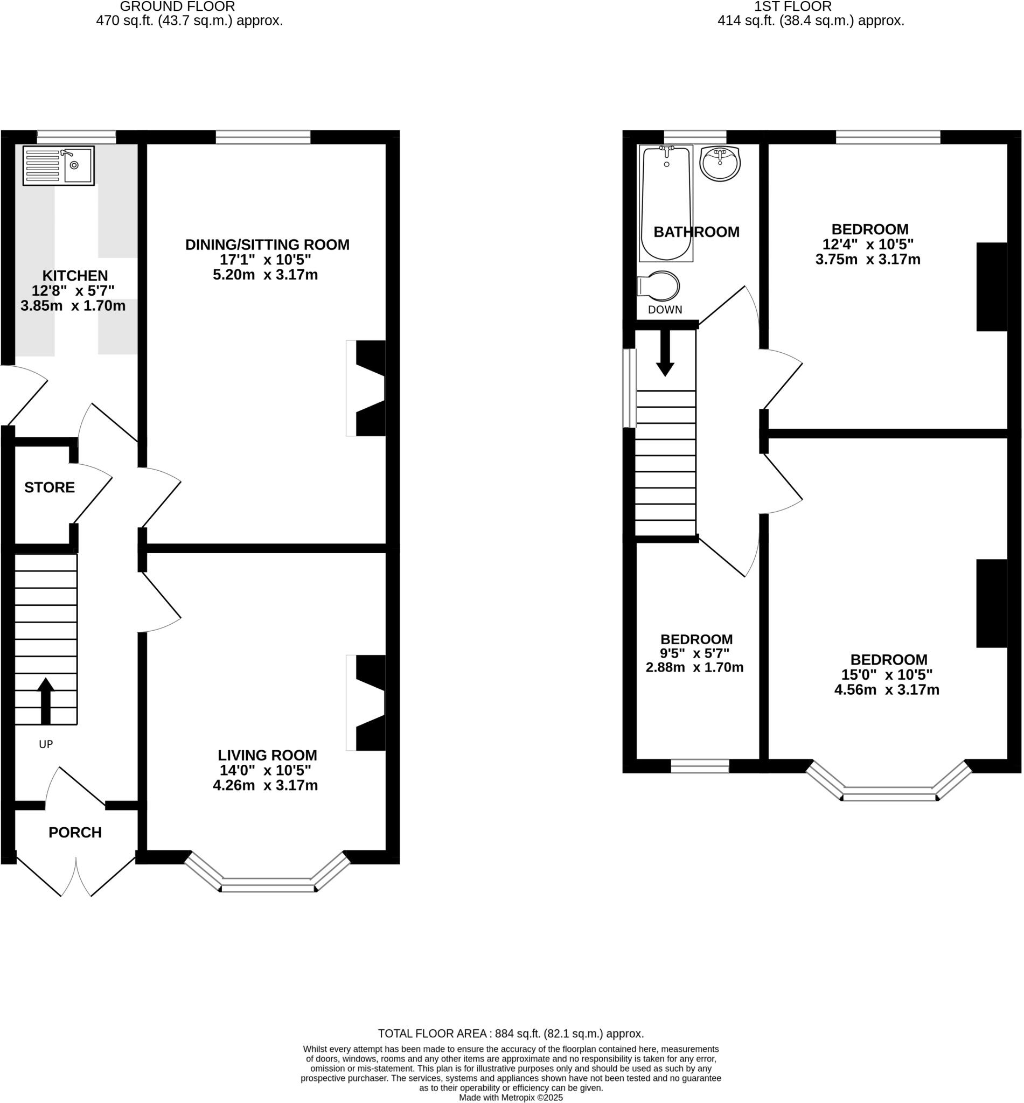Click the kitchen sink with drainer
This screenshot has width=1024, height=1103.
[x=58, y=165]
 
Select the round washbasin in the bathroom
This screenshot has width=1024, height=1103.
[x=720, y=163]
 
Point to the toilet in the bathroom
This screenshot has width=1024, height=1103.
[x=660, y=286]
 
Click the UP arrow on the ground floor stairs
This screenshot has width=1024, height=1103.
[x=45, y=700]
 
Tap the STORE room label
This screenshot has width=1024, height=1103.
[x=50, y=487]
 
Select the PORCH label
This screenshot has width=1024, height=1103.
[x=75, y=832]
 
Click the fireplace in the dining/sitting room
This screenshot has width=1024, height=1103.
[x=368, y=388]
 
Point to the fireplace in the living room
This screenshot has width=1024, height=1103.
[x=368, y=702]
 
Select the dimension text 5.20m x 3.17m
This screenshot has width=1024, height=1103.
[x=265, y=275]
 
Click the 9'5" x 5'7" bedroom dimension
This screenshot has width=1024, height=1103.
[x=694, y=654]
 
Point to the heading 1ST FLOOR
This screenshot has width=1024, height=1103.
[x=792, y=6]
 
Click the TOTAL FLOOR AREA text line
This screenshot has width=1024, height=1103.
[x=510, y=1033]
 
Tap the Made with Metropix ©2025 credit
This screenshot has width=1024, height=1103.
[x=510, y=1097]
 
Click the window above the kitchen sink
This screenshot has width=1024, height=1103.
[x=76, y=137]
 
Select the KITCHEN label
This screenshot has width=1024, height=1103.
[x=75, y=275]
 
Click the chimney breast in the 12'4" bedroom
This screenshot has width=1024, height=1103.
[x=991, y=287]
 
